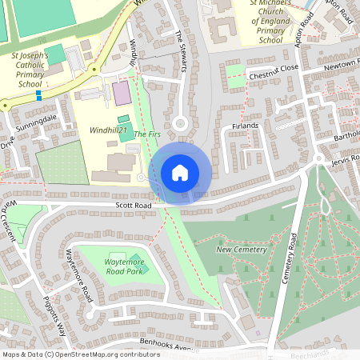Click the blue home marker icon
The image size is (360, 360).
(x=180, y=173)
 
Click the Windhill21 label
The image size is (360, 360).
(x=108, y=129)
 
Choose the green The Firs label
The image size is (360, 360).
(x=147, y=134)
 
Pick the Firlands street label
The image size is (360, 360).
(x=246, y=126)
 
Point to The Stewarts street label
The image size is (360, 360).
(x=185, y=49)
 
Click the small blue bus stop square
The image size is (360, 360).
(x=38, y=94)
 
